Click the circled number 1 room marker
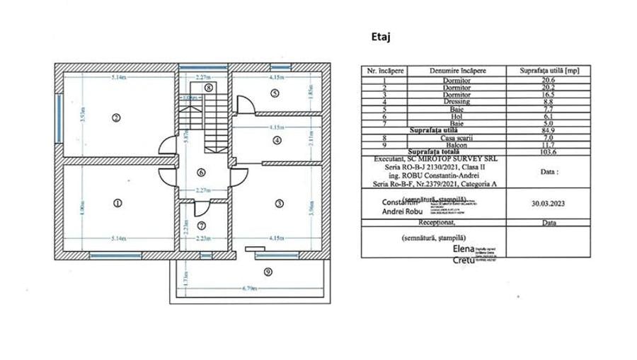click(x=117, y=203)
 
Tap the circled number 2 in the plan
click(x=117, y=118)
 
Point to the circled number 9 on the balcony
click(x=268, y=272)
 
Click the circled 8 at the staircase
click(x=209, y=87)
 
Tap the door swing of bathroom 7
click(x=200, y=208)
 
